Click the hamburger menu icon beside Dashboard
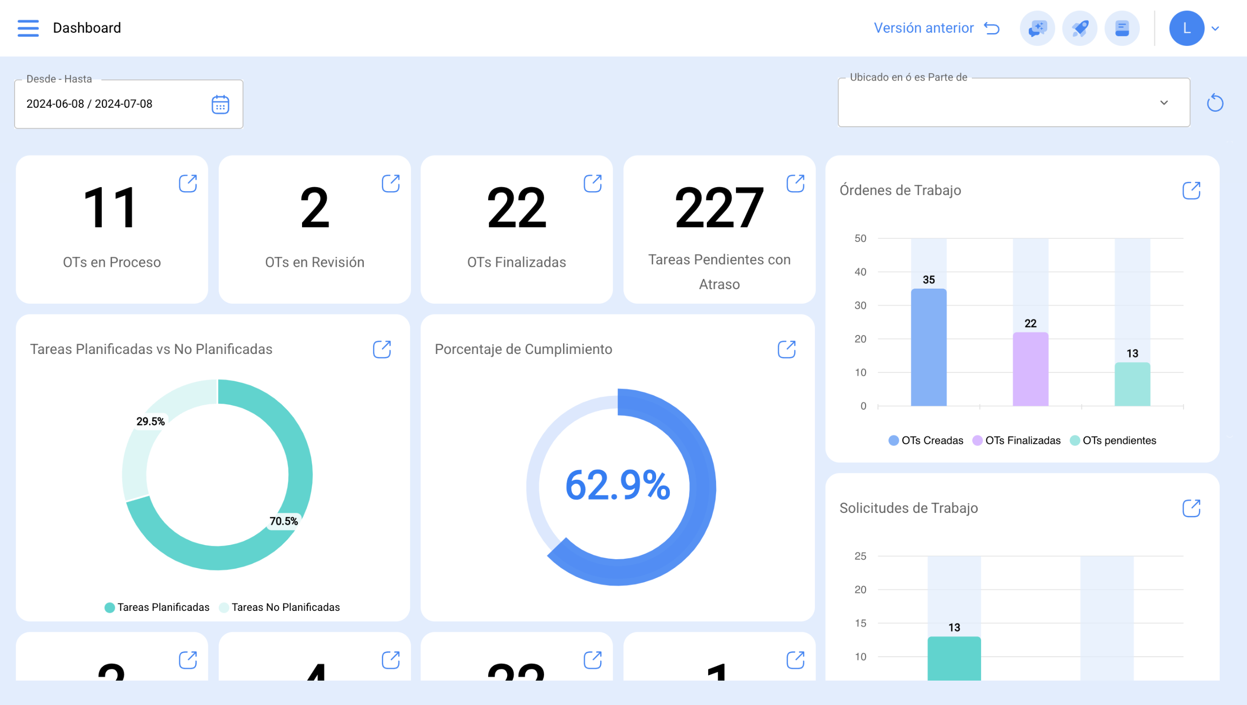pos(28,28)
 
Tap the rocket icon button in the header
pos(1079,28)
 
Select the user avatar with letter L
pos(1186,28)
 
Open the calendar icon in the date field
pos(220,104)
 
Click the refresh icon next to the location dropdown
pos(1215,103)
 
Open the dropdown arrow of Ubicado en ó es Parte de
pos(1164,103)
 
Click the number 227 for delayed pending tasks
pos(719,208)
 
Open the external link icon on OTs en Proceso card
pos(188,184)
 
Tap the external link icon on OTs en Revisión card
pos(390,184)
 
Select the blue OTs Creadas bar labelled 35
pos(928,347)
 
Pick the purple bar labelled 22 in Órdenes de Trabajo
pos(1030,369)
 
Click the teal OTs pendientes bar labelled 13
pos(1132,384)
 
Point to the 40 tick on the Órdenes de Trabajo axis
pos(860,272)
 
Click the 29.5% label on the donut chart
pos(151,421)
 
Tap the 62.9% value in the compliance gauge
pos(618,486)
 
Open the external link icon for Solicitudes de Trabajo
pos(1191,508)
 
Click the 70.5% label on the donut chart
pos(283,521)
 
